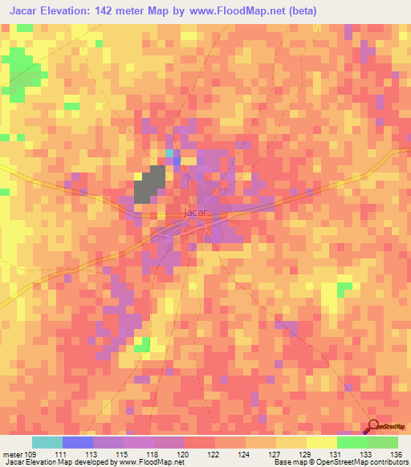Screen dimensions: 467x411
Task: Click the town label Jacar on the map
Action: [x=196, y=213]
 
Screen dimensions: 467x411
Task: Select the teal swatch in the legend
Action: [x=47, y=442]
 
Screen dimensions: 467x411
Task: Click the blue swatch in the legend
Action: [x=78, y=442]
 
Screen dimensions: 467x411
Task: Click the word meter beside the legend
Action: [x=13, y=454]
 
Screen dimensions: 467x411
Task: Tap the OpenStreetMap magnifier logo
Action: [x=375, y=428]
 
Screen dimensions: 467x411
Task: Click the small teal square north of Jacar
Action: [x=169, y=152]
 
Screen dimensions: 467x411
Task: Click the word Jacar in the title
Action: [x=27, y=11]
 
